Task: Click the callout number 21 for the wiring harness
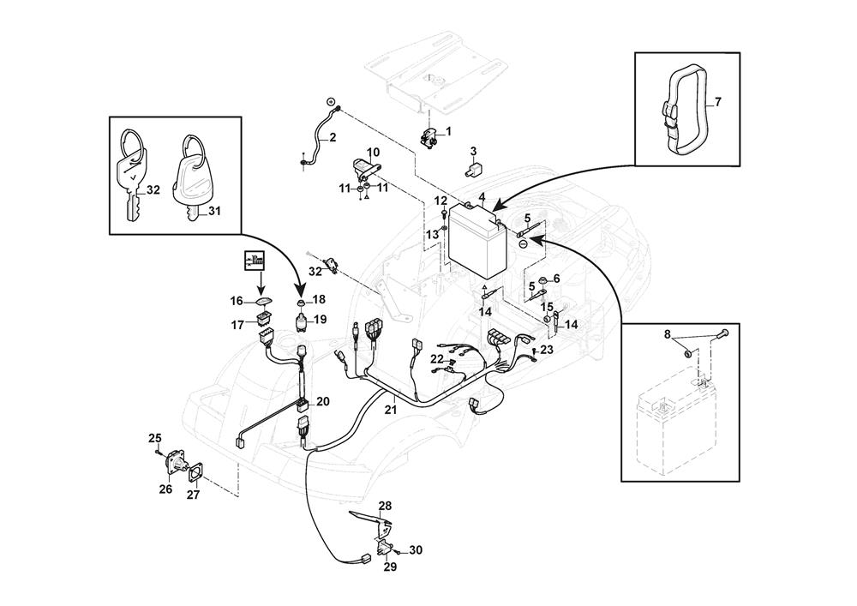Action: pos(392,410)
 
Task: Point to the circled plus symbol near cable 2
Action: pos(330,101)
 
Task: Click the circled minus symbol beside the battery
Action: pos(522,243)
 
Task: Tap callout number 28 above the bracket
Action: pos(385,506)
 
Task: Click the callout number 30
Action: pos(417,549)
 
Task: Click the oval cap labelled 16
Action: pos(262,301)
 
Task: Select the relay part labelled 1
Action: pos(431,136)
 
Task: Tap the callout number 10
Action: pos(374,152)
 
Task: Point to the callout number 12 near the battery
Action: pos(441,200)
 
